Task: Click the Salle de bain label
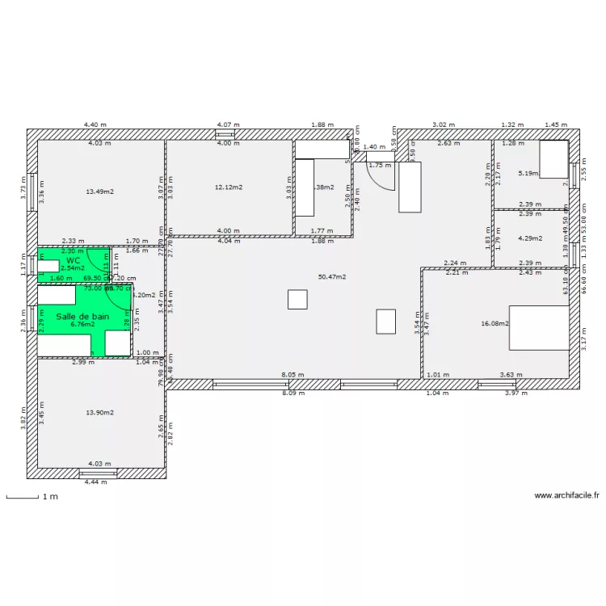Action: [x=82, y=316]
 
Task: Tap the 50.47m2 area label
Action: [x=332, y=276]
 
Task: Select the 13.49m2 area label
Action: [x=99, y=191]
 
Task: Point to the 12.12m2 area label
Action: [x=229, y=187]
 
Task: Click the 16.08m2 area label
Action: [x=494, y=323]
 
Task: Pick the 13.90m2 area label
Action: [x=99, y=412]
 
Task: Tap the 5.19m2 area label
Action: [x=529, y=173]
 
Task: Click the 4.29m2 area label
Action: [x=529, y=238]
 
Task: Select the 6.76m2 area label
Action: [x=82, y=324]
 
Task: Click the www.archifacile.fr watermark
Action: [x=567, y=496]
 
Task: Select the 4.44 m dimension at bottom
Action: [x=95, y=482]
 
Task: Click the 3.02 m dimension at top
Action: [x=443, y=125]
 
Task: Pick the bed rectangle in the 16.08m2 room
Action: [x=539, y=327]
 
